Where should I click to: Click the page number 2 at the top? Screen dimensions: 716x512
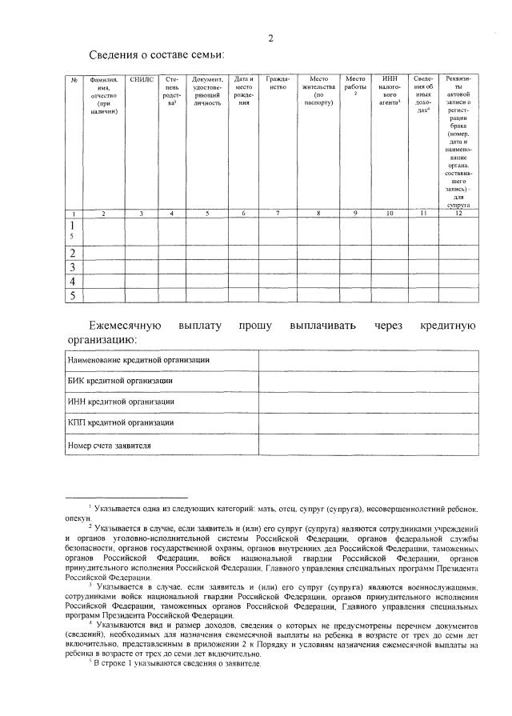(x=271, y=38)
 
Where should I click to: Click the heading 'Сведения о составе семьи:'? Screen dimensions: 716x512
(x=157, y=54)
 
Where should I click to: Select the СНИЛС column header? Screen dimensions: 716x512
(x=142, y=80)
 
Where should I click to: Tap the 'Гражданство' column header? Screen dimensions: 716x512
(x=277, y=84)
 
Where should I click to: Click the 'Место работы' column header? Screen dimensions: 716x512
(x=355, y=84)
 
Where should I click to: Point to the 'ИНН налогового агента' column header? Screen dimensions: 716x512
(x=390, y=91)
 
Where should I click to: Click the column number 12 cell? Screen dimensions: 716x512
(x=458, y=214)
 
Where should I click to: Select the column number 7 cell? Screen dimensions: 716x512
(x=277, y=214)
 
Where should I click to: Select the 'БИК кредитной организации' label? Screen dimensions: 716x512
(x=121, y=382)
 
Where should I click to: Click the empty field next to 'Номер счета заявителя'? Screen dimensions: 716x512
(x=368, y=444)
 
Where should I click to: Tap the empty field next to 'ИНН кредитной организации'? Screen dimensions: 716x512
(x=368, y=402)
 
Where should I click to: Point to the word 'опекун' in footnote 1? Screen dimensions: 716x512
(x=78, y=518)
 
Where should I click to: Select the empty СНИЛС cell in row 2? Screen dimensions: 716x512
(x=142, y=253)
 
